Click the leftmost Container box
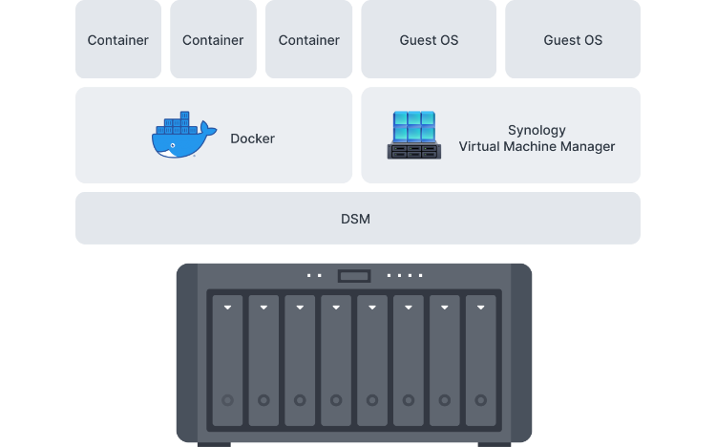click(118, 40)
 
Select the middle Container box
click(213, 40)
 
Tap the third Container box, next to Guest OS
click(308, 40)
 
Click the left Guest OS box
click(429, 40)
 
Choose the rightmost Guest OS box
click(573, 40)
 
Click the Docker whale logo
click(182, 138)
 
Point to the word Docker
click(252, 138)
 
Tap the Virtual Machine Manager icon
click(413, 136)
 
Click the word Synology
click(537, 130)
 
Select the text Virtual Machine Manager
click(537, 147)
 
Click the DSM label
click(355, 219)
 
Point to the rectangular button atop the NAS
click(354, 276)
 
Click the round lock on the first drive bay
click(227, 400)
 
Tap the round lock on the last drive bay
click(480, 400)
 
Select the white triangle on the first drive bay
click(227, 309)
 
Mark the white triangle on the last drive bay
click(480, 309)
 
